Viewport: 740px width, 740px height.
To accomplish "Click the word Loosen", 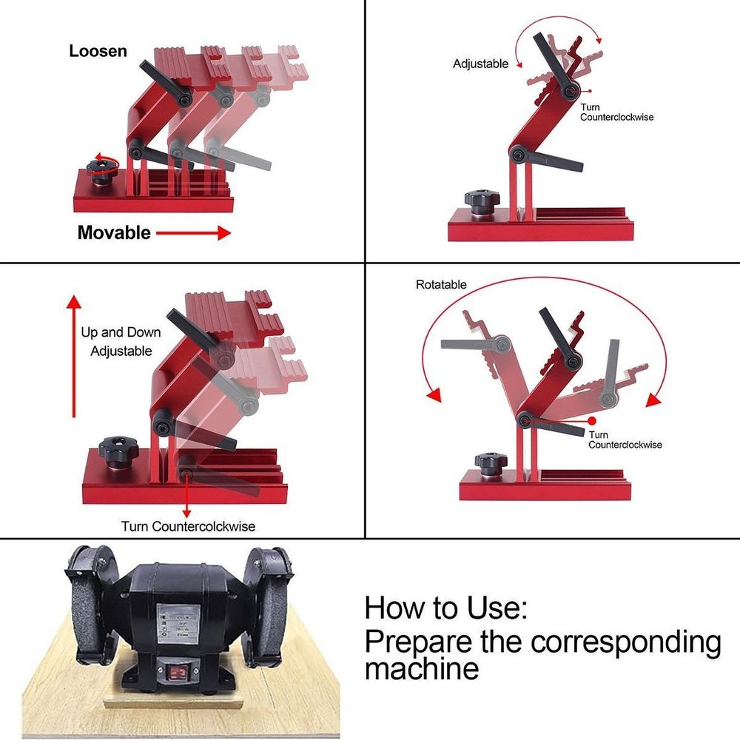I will (98, 52).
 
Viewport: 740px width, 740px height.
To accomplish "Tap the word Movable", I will (114, 233).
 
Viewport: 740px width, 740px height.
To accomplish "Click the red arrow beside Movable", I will (194, 233).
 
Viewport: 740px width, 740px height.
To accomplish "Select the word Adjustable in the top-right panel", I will (480, 64).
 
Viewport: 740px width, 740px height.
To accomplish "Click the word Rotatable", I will (441, 284).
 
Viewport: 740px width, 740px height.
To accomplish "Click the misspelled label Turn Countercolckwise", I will (188, 526).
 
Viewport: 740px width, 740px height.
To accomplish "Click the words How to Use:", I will (446, 608).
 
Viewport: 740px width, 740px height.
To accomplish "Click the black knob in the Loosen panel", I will (101, 170).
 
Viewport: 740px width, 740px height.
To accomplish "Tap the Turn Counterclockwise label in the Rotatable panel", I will (625, 440).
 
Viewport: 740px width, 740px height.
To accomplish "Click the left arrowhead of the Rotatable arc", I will (435, 394).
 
